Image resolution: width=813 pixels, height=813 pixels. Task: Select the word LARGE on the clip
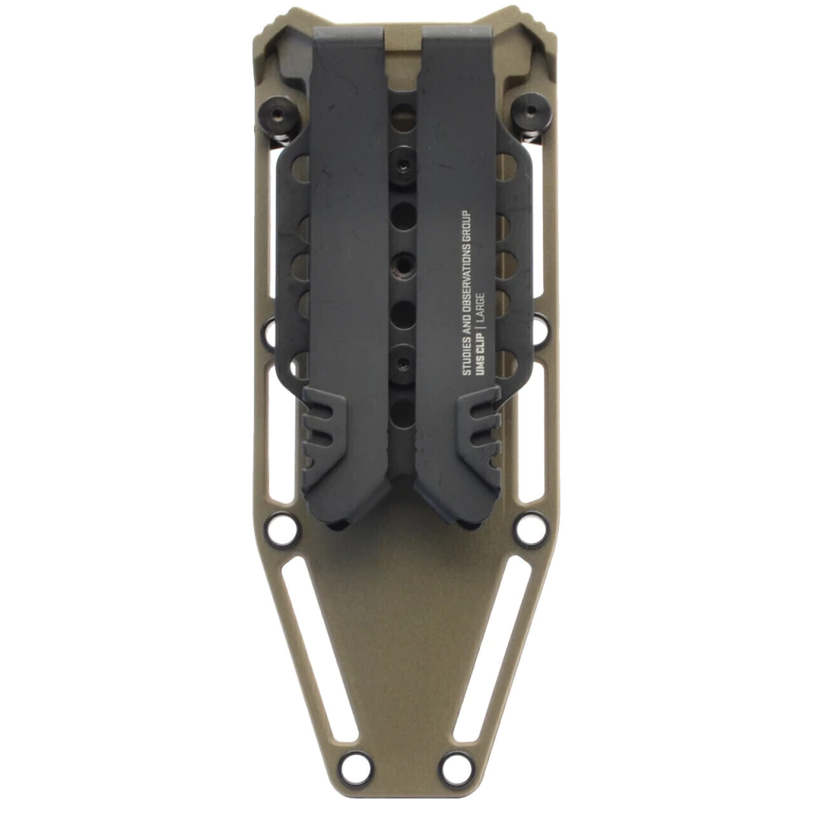tap(480, 308)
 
